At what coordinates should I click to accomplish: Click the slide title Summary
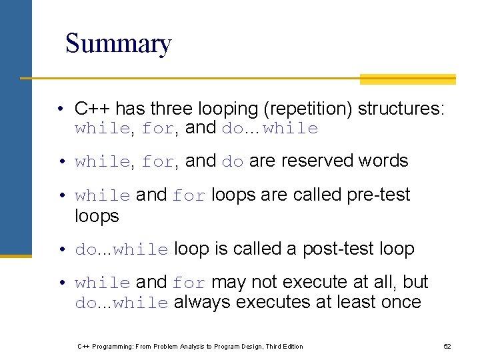[119, 44]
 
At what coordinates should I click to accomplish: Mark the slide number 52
[447, 347]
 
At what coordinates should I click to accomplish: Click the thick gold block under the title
[407, 79]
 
